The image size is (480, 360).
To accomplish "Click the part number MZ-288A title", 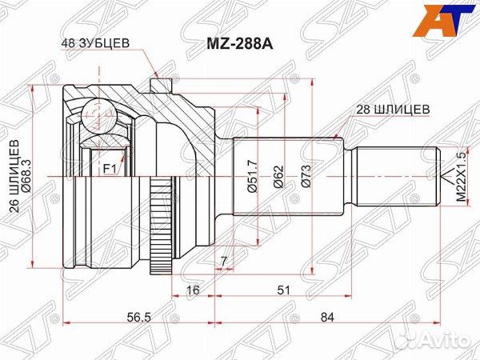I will click(240, 44).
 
